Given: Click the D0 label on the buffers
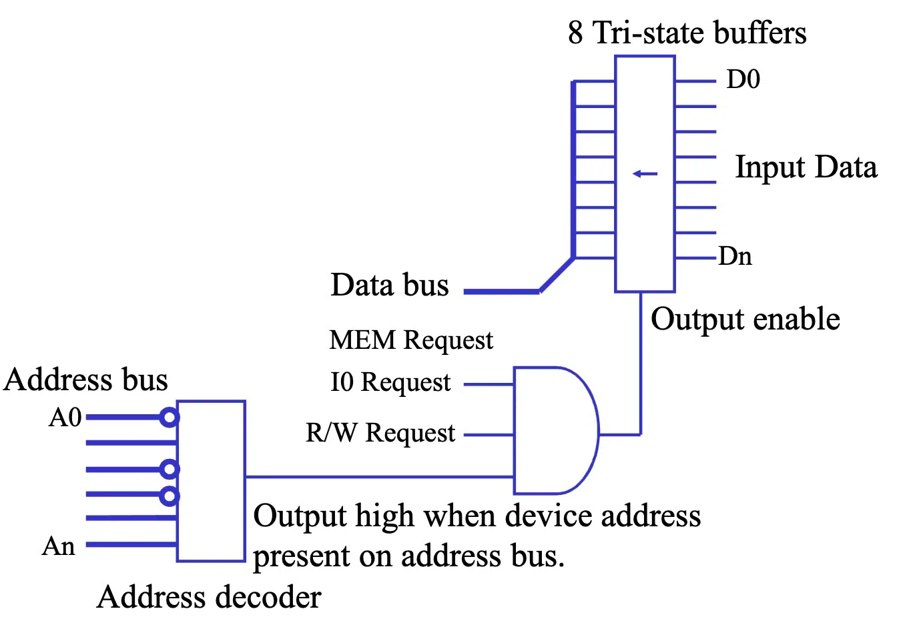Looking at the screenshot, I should point(743,79).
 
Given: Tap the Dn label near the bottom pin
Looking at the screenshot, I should point(735,256).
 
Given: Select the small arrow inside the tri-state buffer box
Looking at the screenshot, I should point(645,174).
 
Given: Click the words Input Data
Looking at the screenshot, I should point(806,167).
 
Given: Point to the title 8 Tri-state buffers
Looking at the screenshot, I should point(687,33).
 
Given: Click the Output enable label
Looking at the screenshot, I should point(745,319).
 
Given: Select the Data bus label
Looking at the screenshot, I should point(390,285).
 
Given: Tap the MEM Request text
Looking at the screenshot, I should point(411,340).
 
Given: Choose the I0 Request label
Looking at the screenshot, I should point(390,382).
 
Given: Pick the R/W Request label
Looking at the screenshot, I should point(380,433).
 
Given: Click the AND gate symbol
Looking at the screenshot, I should point(554,430).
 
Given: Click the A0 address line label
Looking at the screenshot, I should point(65,418).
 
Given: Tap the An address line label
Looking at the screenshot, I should point(59,546).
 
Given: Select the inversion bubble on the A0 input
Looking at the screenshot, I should point(170,418).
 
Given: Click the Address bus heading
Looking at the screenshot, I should point(85,380).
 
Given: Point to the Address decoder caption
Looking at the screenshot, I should point(209,597).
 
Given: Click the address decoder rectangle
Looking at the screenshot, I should point(211,481).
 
